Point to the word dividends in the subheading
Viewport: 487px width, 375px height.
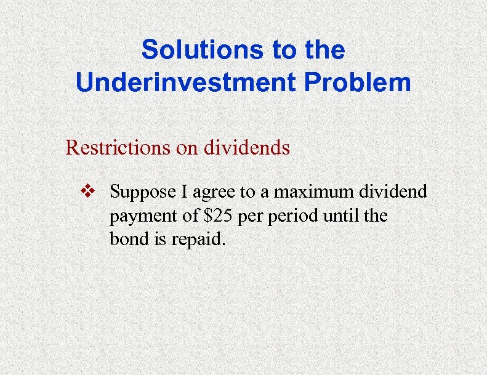pyautogui.click(x=251, y=148)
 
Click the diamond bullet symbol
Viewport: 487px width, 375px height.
pyautogui.click(x=89, y=192)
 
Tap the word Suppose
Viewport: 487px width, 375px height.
pyautogui.click(x=140, y=193)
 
